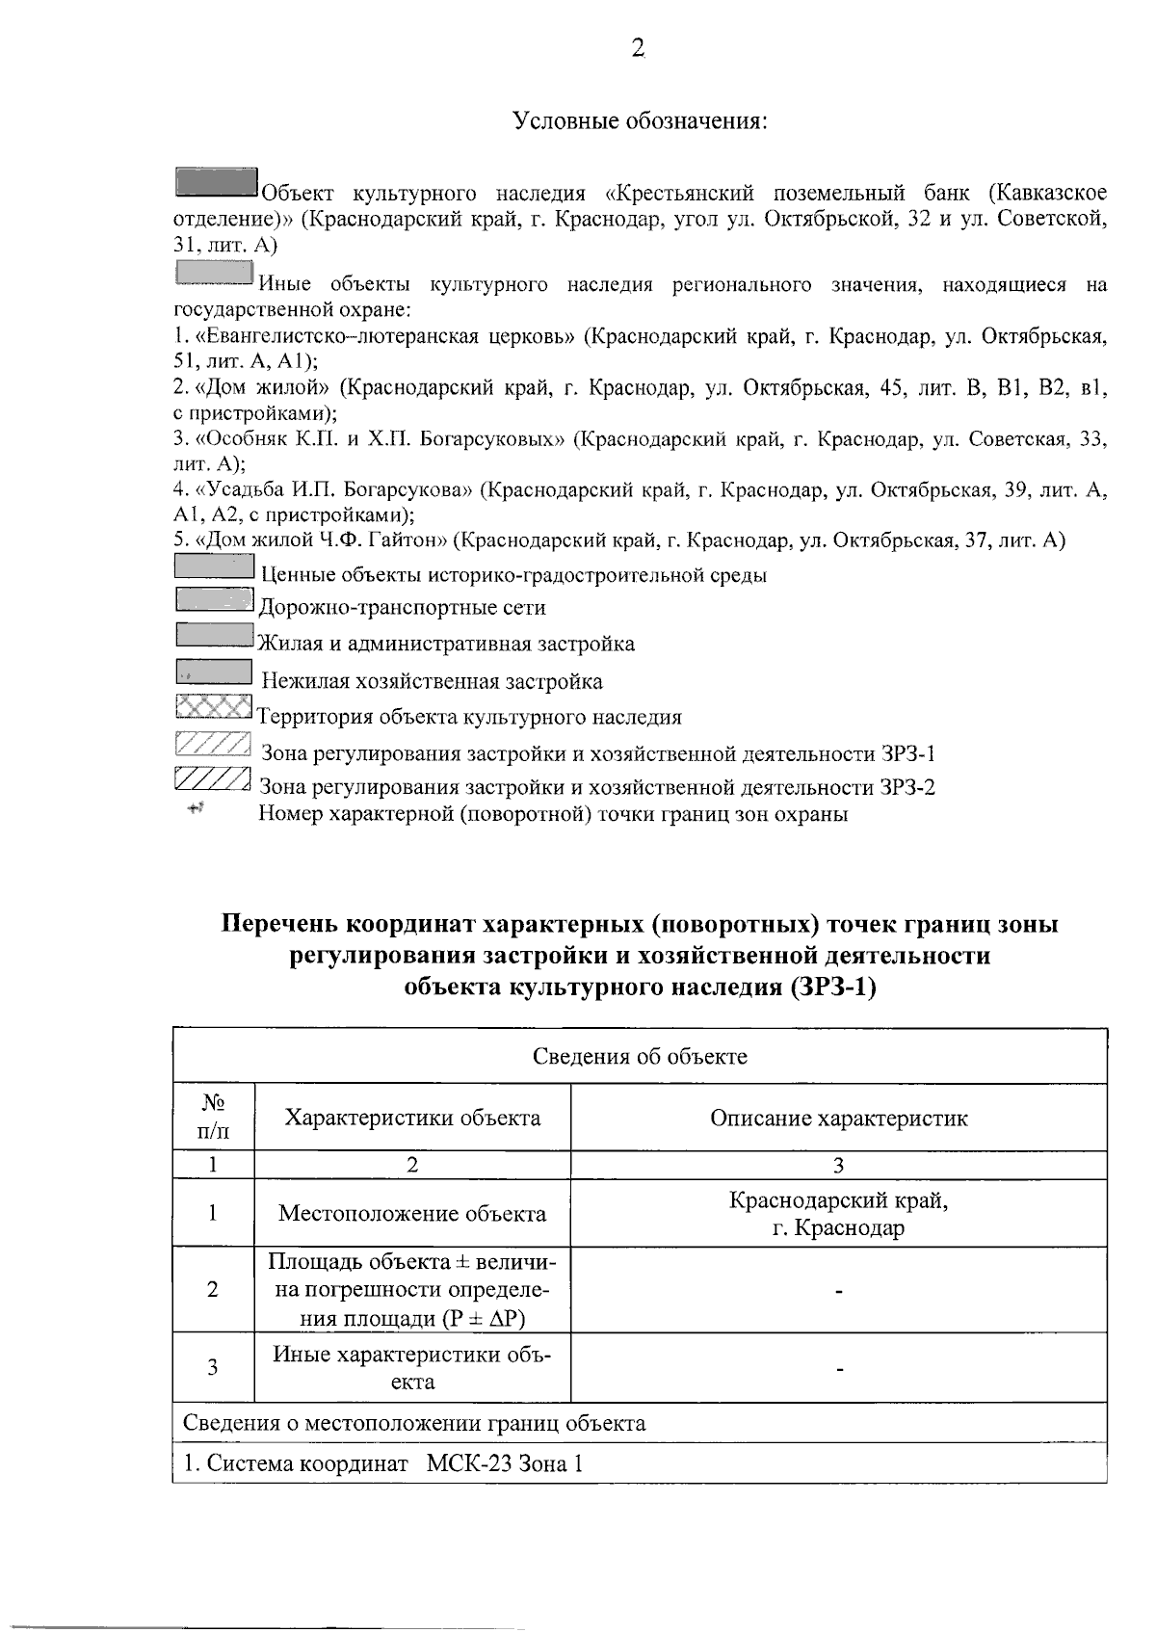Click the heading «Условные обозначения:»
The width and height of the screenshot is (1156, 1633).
tap(640, 122)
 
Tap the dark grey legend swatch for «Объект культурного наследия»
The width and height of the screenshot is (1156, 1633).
tap(217, 182)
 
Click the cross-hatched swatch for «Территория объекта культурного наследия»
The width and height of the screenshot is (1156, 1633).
tap(214, 708)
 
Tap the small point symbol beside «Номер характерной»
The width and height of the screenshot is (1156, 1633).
tap(197, 809)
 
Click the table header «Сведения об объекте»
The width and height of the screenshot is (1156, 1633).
tap(640, 1057)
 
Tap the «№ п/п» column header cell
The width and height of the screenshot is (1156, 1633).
tap(214, 1118)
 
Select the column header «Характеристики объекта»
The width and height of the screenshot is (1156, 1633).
tap(412, 1118)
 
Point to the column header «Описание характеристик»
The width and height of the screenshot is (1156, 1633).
tap(838, 1118)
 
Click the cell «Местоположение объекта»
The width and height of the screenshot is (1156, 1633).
tap(412, 1213)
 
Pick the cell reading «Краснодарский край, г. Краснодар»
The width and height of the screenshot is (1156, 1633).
tap(838, 1214)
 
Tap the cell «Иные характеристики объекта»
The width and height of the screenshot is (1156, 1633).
tap(412, 1367)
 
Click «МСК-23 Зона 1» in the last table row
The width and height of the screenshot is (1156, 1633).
tap(504, 1464)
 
